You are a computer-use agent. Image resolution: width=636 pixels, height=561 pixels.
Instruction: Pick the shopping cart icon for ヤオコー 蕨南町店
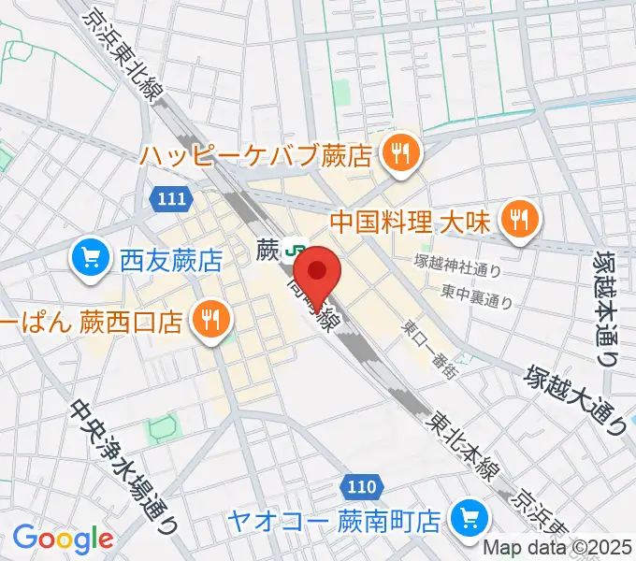465,517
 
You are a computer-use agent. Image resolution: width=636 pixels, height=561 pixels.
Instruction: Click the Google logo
63,538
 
